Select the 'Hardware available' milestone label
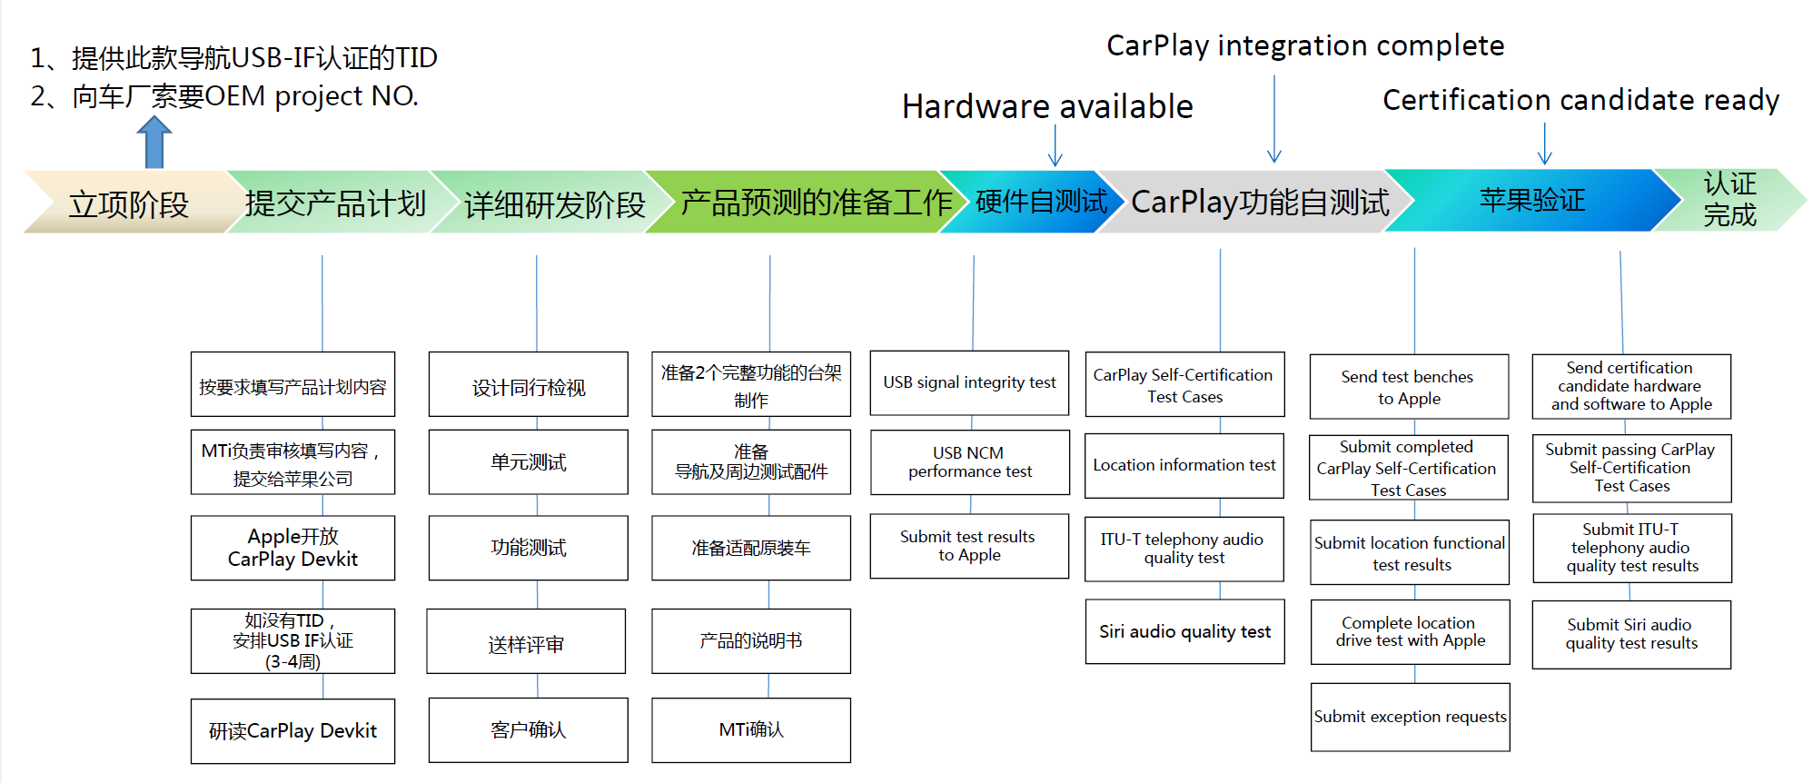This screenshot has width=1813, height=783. coord(1046,107)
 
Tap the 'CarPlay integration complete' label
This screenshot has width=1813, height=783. coord(1304,45)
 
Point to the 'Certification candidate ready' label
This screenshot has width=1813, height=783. coord(1580,100)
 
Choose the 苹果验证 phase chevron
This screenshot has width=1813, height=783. coord(1531,200)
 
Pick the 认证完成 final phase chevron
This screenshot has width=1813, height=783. coord(1729,200)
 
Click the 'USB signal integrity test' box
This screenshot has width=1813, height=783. coord(969,382)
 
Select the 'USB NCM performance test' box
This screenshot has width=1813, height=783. coord(969,461)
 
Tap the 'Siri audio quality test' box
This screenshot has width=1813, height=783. coord(1184,631)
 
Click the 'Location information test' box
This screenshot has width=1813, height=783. coord(1184,465)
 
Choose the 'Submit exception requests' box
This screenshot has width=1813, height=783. coord(1410,717)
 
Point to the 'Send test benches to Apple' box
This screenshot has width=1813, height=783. coord(1408,387)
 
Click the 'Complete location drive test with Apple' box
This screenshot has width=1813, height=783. coord(1410,631)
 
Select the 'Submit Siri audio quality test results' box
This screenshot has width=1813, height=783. coord(1630,634)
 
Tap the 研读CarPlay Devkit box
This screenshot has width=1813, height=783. coord(292,730)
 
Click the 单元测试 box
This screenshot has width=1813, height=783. coord(528,461)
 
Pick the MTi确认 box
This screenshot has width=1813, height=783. coord(750,729)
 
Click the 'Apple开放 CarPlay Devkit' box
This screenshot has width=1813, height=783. coord(292,548)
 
